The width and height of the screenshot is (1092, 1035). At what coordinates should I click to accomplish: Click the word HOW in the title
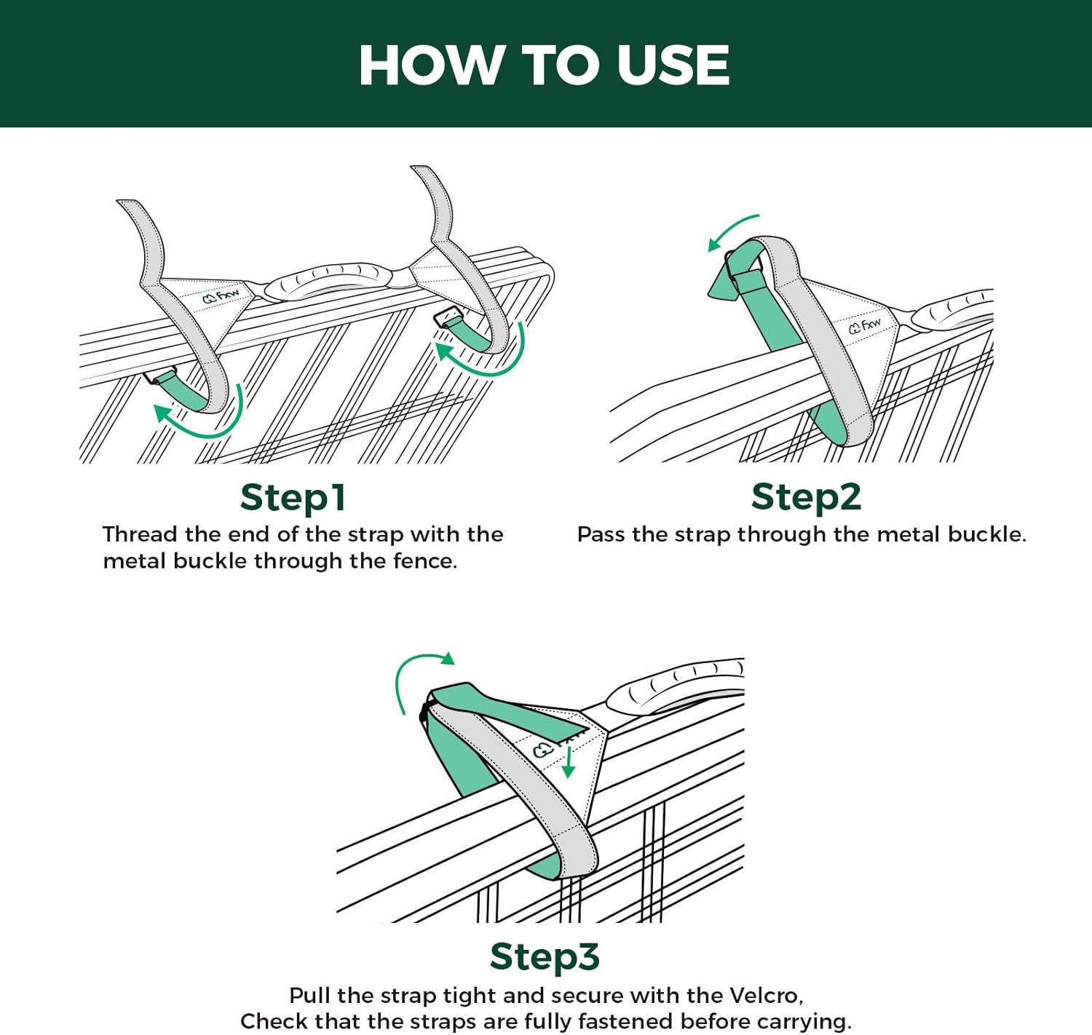tap(428, 65)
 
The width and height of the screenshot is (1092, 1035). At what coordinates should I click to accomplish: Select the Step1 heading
tap(293, 498)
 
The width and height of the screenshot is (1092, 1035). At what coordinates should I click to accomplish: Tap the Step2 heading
tap(806, 497)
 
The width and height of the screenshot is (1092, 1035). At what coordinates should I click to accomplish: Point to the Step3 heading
tap(545, 956)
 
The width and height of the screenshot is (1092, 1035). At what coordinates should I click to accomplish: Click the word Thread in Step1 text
tap(141, 534)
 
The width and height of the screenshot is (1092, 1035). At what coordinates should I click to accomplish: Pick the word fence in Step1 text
tap(426, 561)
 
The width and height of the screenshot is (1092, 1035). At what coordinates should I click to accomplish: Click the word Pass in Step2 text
tap(601, 534)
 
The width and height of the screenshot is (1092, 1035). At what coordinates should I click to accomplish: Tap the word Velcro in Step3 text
tap(765, 995)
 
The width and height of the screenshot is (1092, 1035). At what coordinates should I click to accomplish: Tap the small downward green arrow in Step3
tap(569, 764)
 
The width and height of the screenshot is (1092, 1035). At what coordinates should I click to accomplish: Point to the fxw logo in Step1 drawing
tap(221, 296)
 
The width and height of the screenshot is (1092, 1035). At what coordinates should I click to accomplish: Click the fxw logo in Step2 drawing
tap(865, 325)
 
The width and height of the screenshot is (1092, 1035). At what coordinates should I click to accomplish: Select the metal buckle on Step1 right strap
tap(447, 317)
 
